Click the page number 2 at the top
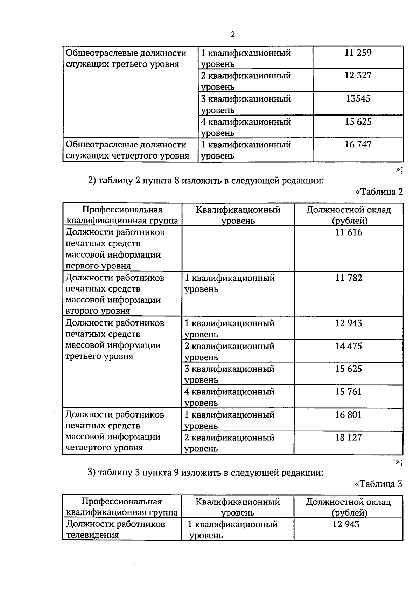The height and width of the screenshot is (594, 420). coord(233,34)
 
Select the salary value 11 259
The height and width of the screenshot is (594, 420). coord(358,53)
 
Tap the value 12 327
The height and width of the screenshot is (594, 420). coord(358,75)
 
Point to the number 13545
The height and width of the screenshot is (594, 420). coord(358,98)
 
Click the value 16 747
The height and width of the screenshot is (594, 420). coord(358,144)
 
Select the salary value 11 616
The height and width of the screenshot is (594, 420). coord(348,232)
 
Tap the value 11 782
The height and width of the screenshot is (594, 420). coord(348,278)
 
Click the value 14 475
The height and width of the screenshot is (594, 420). coord(348,346)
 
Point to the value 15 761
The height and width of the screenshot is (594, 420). coord(348,392)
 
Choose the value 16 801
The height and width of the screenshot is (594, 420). coord(348,415)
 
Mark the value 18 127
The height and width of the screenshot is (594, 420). coord(348,438)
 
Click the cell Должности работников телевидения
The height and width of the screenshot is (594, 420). coord(115,529)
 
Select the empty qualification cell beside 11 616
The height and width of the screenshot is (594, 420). coord(238,248)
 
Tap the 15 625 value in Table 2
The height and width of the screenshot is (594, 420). coord(348,369)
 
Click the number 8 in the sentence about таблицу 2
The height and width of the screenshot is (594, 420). coord(176,181)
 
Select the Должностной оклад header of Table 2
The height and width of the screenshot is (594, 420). coord(348,215)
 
